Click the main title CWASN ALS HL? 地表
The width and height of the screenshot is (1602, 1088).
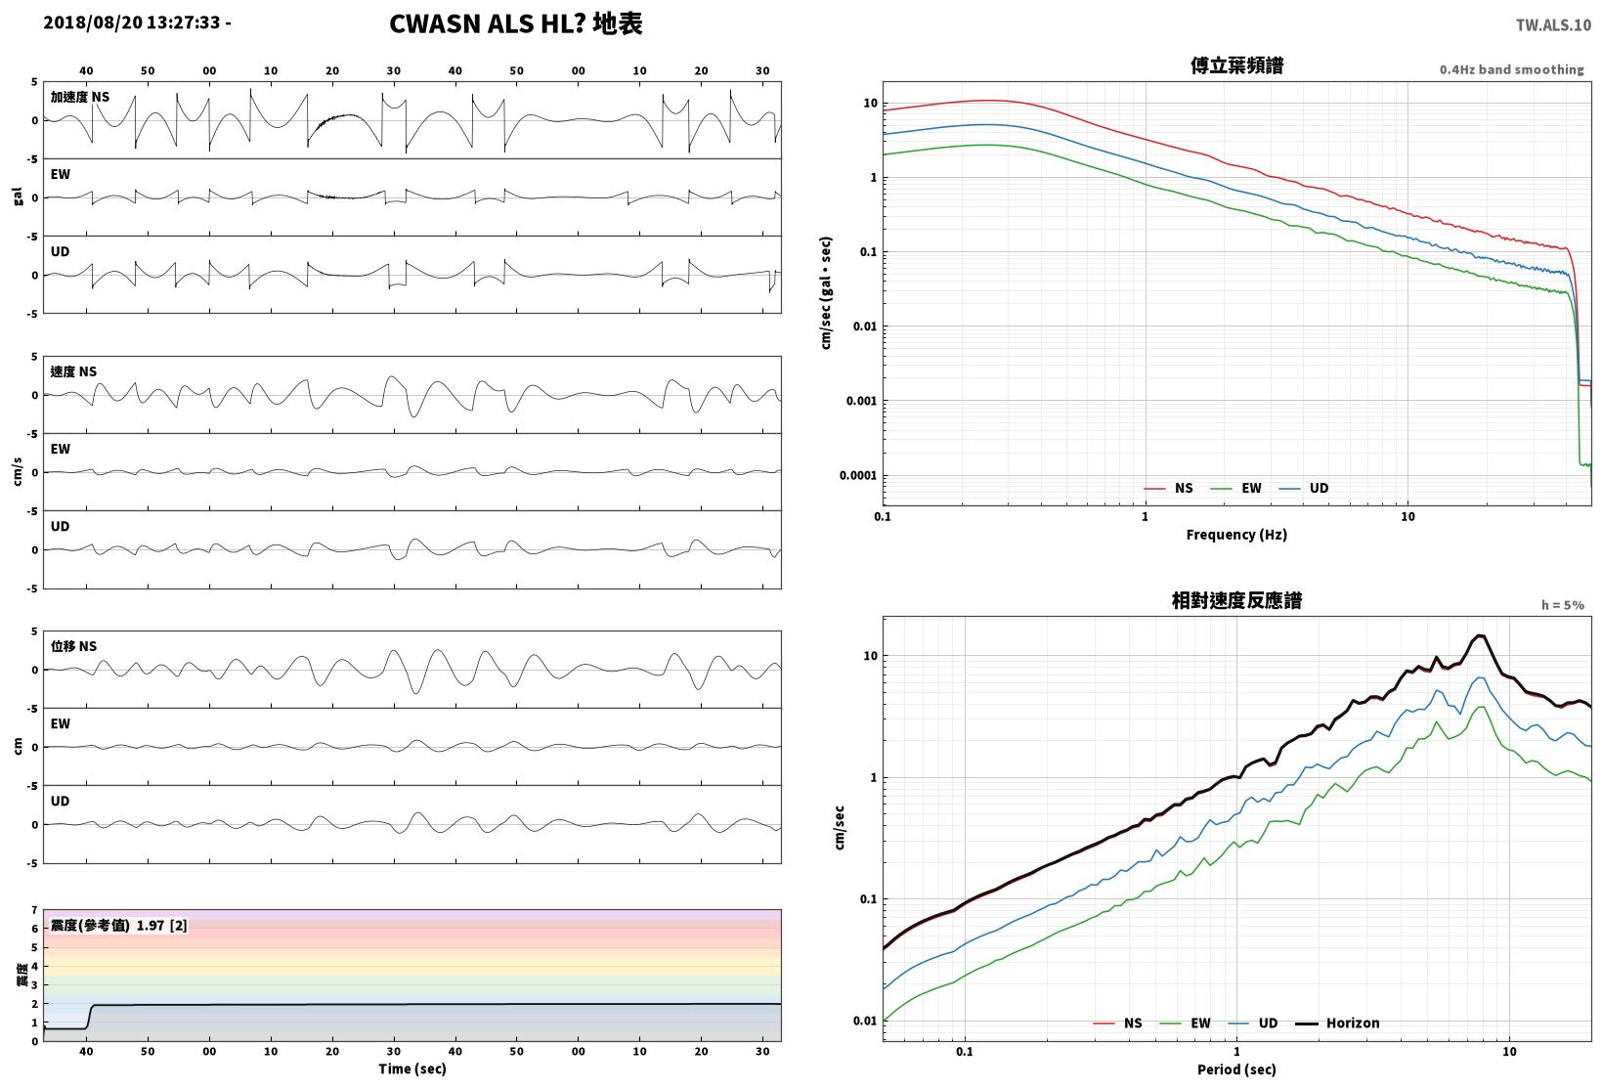coord(516,23)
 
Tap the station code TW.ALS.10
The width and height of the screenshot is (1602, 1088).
coord(1553,25)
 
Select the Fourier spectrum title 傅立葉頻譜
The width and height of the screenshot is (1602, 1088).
coord(1236,65)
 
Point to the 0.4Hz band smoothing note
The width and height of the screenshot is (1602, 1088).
coord(1512,69)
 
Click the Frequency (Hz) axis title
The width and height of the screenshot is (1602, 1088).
coord(1236,535)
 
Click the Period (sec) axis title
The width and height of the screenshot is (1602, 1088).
coord(1236,1069)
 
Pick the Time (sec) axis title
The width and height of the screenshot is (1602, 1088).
coord(412,1068)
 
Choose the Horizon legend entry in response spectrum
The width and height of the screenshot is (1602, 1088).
coord(1337,1023)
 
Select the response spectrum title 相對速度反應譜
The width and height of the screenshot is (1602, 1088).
coord(1236,600)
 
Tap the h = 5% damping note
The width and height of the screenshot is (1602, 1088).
coord(1563,605)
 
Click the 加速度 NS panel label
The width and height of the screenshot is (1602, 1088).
coord(80,97)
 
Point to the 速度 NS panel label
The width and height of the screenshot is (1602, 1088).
coord(73,371)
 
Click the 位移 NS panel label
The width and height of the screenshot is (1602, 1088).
coord(73,646)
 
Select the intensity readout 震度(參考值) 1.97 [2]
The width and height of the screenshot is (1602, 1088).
coord(118,925)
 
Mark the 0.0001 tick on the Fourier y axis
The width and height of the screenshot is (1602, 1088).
coord(857,476)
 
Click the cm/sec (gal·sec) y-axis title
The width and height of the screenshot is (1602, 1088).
coord(826,293)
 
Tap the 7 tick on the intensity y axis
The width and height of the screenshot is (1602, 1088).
coord(34,910)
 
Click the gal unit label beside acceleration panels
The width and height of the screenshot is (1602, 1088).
coord(18,196)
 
